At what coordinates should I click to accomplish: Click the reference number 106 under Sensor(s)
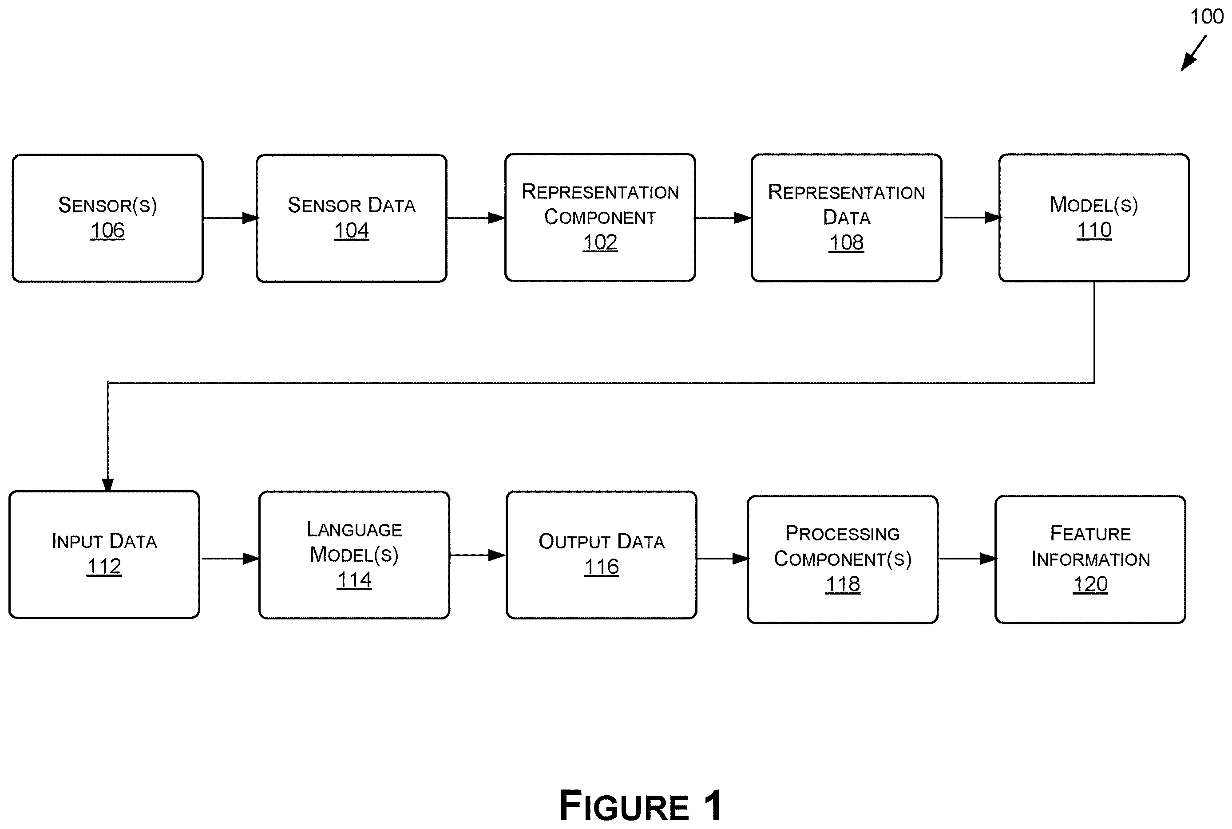107,230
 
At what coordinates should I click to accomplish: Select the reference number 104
352,230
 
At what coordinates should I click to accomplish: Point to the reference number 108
846,243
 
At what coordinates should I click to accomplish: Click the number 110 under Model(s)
1094,230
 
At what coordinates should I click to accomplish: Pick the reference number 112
104,567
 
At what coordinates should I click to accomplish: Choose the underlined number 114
354,580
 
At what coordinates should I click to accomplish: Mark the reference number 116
602,567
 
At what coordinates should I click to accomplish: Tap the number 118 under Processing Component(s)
843,584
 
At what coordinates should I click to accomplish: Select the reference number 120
1090,584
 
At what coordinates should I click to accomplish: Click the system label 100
1207,16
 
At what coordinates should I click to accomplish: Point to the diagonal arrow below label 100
1193,53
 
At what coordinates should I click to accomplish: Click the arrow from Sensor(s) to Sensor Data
230,218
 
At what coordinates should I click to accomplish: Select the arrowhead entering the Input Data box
108,485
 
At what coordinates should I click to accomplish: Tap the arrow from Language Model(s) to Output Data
478,555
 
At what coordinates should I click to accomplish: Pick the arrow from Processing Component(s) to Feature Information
967,558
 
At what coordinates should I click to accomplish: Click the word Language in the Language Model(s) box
354,529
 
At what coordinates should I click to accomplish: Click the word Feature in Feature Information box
1090,533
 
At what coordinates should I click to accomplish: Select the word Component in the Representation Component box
600,217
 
